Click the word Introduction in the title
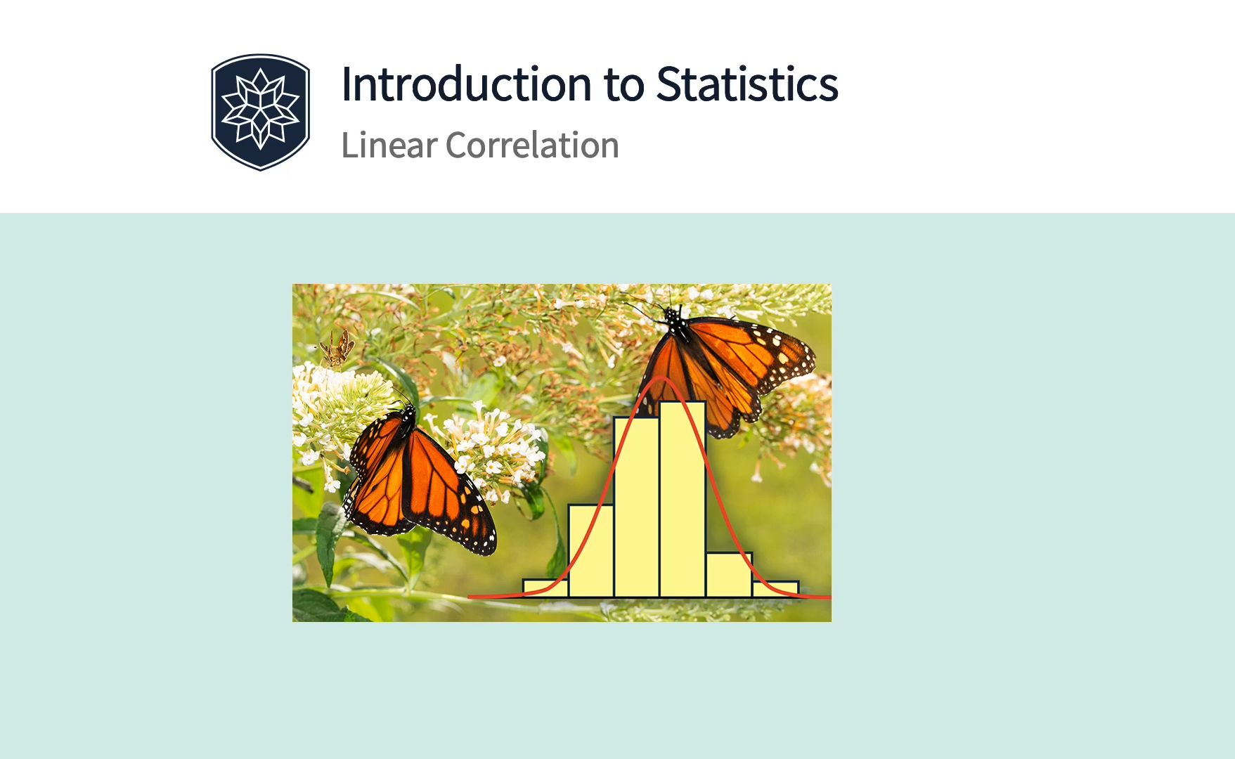coord(467,84)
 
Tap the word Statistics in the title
coord(747,84)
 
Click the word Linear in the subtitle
coord(389,145)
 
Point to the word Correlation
coord(532,145)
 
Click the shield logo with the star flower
coord(260,112)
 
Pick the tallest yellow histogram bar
coord(683,499)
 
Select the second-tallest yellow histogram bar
coord(636,507)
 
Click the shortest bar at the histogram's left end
coord(545,588)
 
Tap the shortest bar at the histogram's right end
coord(775,589)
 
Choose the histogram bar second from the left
coord(590,551)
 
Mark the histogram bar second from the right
coord(729,575)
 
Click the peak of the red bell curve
coord(661,377)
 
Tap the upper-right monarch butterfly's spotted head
coord(674,321)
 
